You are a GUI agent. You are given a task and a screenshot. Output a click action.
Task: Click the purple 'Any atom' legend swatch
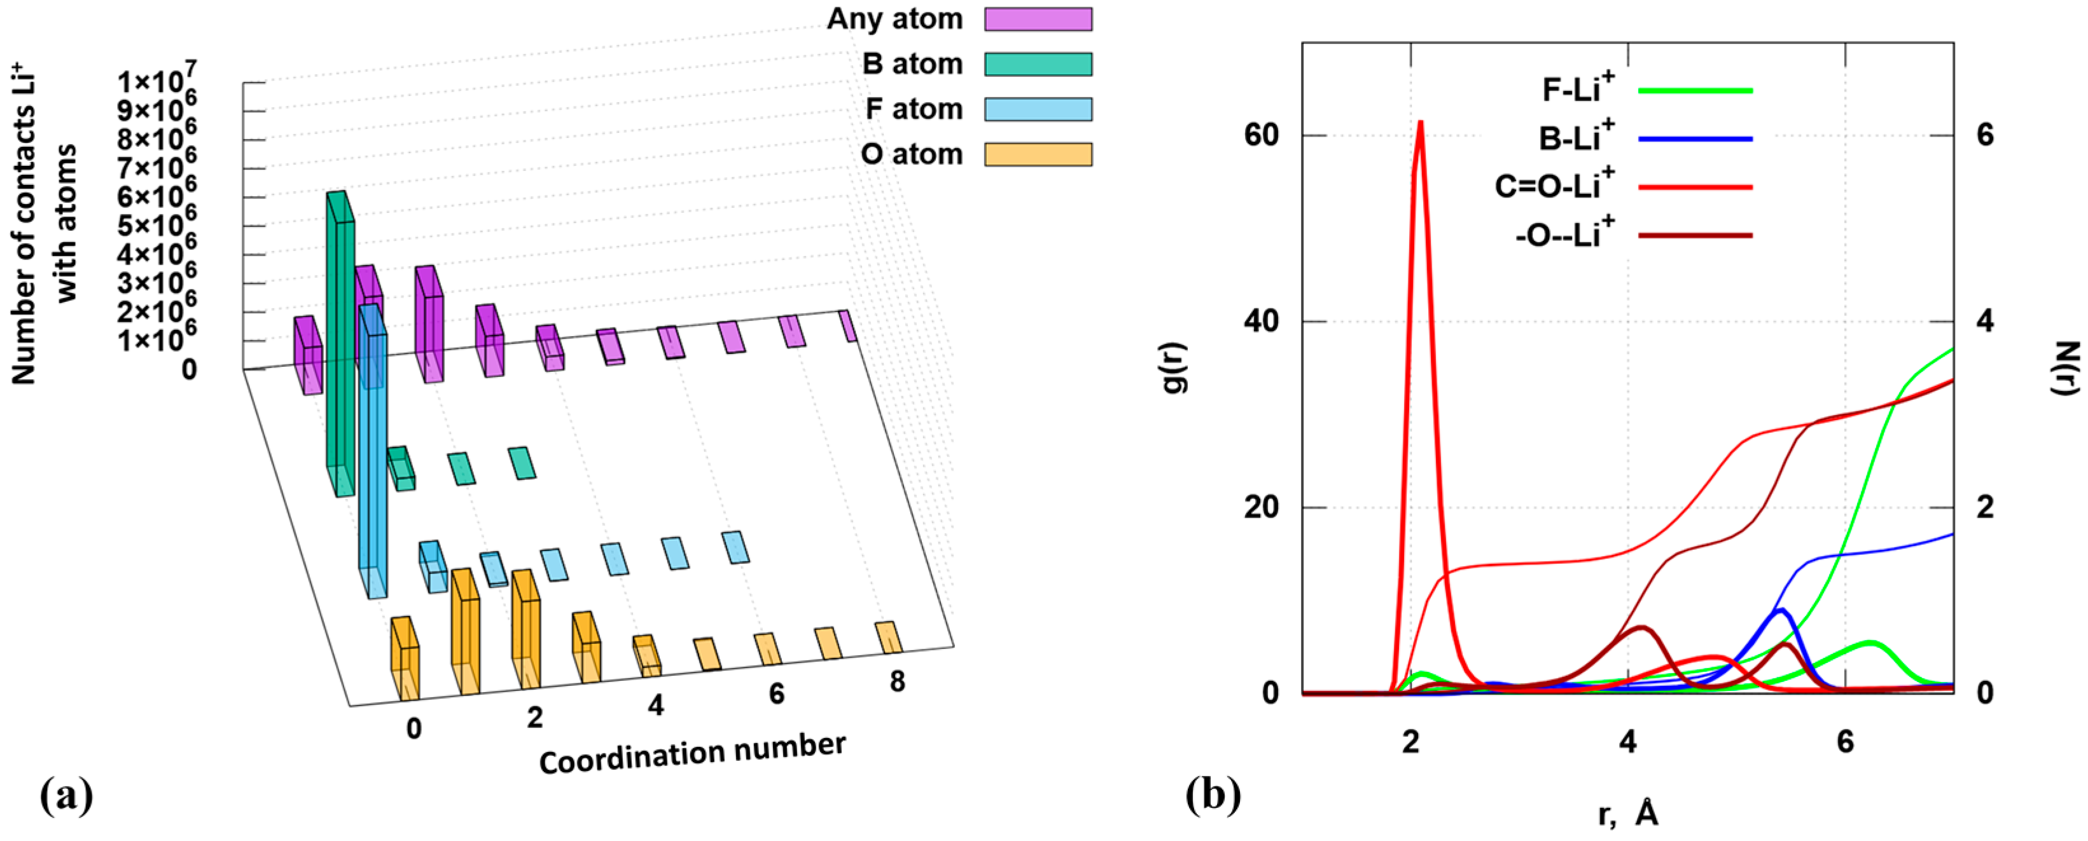click(x=1038, y=18)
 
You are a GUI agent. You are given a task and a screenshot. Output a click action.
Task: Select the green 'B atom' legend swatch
click(x=1038, y=64)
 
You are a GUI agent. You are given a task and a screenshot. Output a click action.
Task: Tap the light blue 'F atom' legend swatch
click(x=1038, y=109)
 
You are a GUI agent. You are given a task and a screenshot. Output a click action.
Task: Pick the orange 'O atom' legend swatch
click(x=1038, y=154)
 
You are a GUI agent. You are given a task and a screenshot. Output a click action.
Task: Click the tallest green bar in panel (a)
click(x=340, y=340)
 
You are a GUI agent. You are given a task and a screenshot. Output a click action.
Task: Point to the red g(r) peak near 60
click(x=1420, y=126)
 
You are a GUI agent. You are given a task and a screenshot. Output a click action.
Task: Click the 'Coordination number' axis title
click(x=692, y=753)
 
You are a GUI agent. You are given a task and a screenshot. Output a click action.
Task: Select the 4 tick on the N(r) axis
click(x=1984, y=322)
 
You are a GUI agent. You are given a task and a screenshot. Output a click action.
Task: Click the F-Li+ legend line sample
click(x=1695, y=90)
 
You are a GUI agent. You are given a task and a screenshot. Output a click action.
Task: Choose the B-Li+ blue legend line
click(x=1695, y=139)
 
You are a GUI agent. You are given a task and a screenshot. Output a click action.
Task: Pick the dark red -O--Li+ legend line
click(x=1695, y=236)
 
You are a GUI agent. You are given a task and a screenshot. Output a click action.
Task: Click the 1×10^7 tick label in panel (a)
click(x=156, y=80)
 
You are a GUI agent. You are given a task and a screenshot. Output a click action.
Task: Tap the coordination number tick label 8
click(x=896, y=681)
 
